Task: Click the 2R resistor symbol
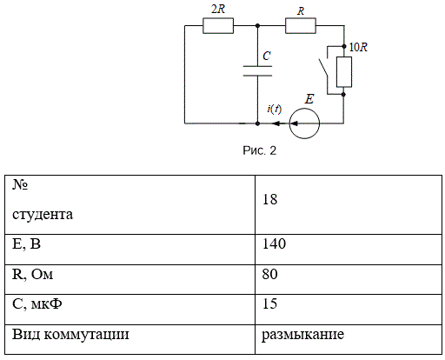[x=218, y=26]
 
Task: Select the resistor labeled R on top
[x=301, y=26]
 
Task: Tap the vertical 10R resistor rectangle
[x=344, y=72]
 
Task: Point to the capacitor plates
[x=257, y=71]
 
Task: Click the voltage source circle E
[x=304, y=123]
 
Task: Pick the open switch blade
[x=323, y=68]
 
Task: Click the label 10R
[x=358, y=47]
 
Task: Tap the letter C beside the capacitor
[x=267, y=56]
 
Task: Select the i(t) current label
[x=274, y=109]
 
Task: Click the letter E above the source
[x=309, y=99]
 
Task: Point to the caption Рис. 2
[x=259, y=150]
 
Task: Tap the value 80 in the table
[x=269, y=274]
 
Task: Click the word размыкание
[x=302, y=335]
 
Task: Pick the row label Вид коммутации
[x=70, y=334]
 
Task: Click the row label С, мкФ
[x=37, y=304]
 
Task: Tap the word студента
[x=43, y=215]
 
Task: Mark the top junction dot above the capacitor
[x=257, y=26]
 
